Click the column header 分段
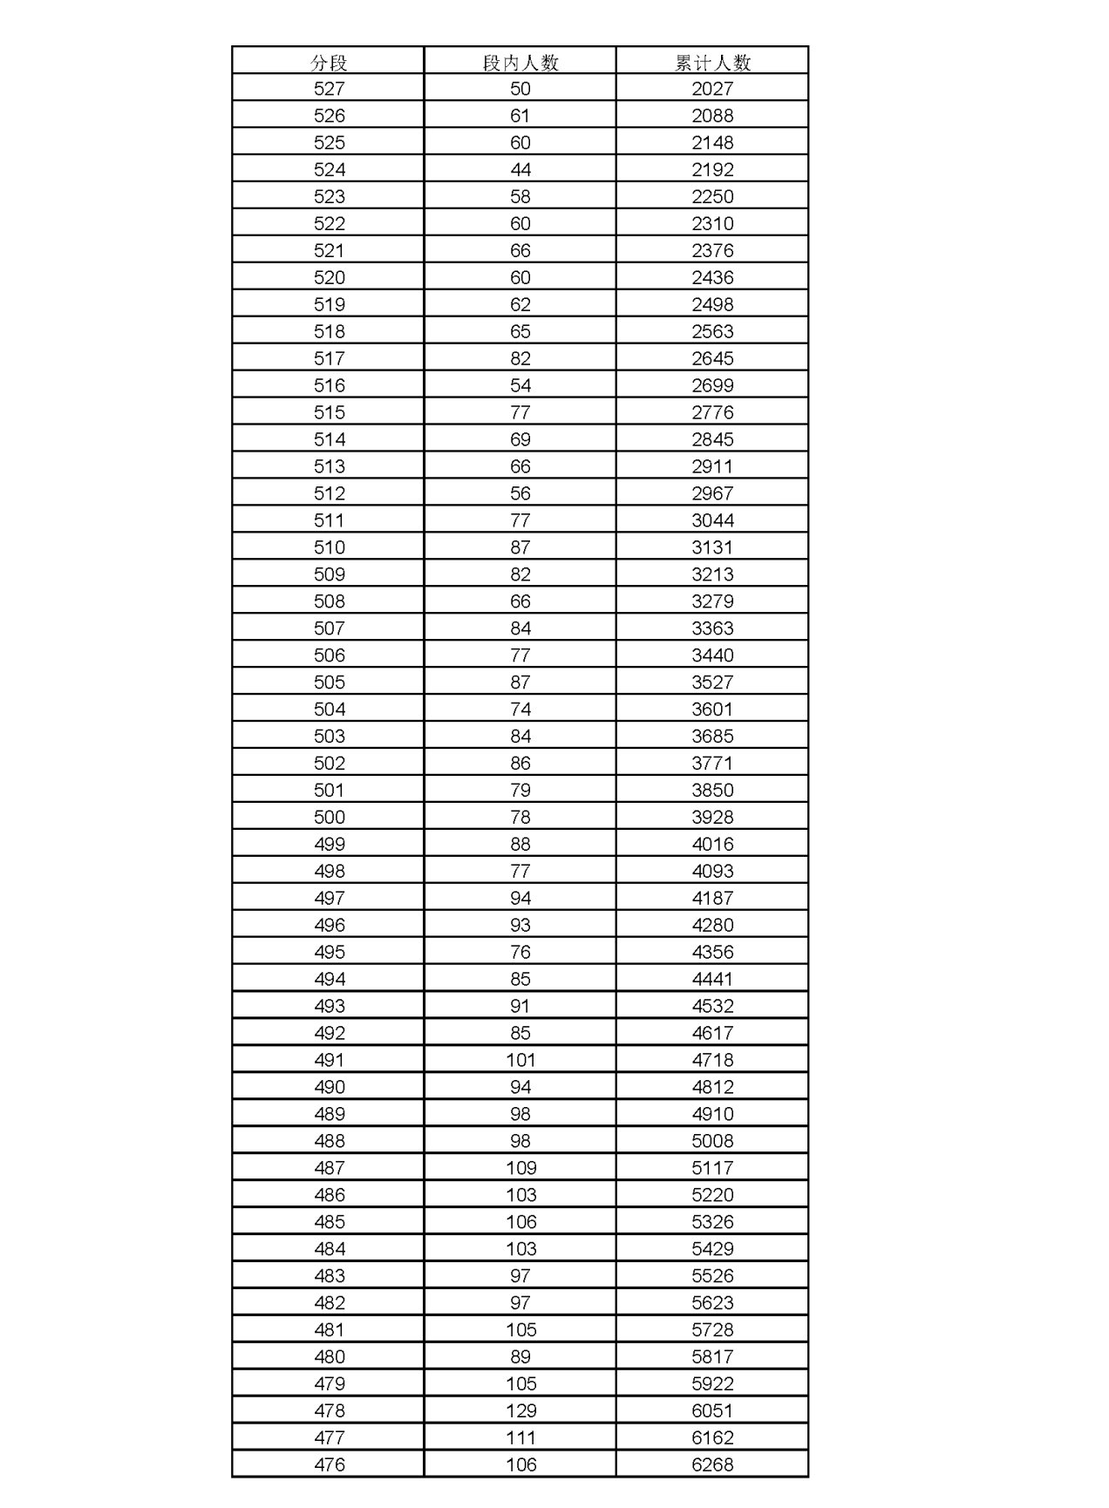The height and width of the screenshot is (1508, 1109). [x=329, y=62]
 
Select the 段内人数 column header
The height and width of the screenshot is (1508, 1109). [x=520, y=62]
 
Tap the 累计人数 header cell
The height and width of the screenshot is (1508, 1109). [x=712, y=62]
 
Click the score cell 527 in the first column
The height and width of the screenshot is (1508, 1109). [x=329, y=89]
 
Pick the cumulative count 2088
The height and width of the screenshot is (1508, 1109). [x=712, y=116]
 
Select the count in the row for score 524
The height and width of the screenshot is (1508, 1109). [x=520, y=170]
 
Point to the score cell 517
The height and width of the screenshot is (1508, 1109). [x=329, y=358]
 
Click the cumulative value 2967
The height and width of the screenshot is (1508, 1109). [x=712, y=493]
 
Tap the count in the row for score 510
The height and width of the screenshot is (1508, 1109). [x=520, y=547]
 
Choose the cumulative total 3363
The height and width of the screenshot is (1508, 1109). [x=712, y=628]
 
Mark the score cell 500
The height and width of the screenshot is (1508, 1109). [x=329, y=817]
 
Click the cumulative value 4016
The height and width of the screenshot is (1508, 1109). [x=712, y=844]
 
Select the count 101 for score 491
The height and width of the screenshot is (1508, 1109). [x=520, y=1060]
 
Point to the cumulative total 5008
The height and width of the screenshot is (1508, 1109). [x=712, y=1141]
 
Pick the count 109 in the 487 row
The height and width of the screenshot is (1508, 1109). [x=520, y=1168]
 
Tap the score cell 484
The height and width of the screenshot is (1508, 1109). [x=329, y=1249]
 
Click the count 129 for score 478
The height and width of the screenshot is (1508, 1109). [x=520, y=1410]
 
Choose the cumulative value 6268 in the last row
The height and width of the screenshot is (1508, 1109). [x=712, y=1464]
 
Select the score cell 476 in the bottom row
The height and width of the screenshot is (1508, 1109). [x=329, y=1464]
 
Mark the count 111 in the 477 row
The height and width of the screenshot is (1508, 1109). [x=520, y=1437]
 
